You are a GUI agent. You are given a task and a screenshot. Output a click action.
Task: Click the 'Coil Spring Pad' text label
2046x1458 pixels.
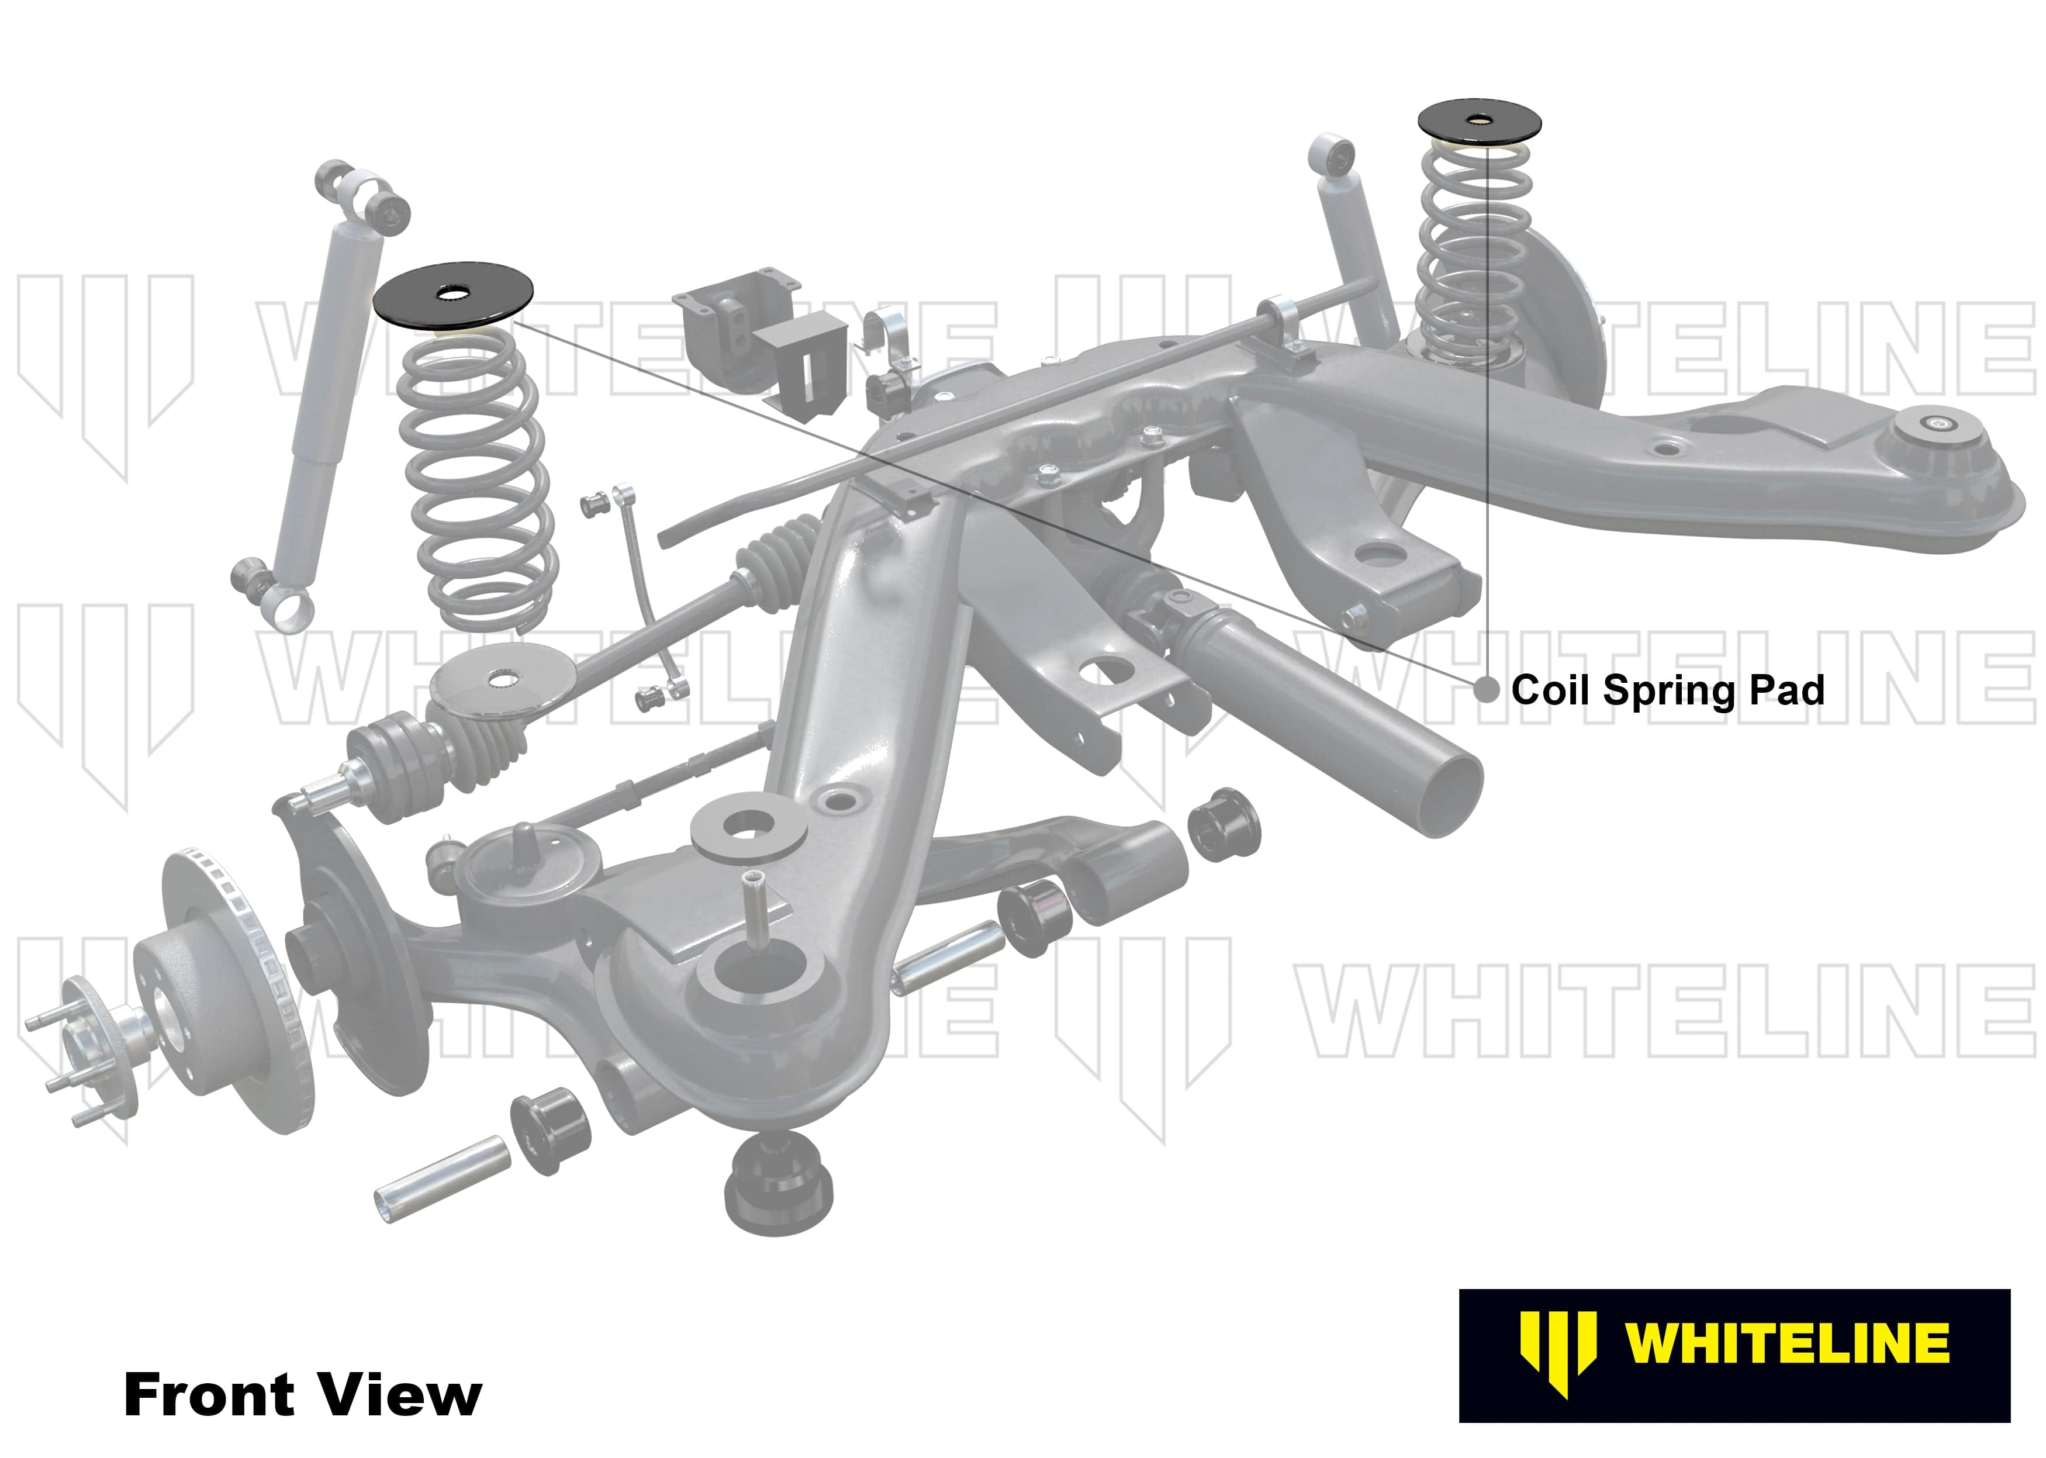(1667, 690)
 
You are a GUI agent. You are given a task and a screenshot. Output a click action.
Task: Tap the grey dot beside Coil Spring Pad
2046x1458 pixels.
(1487, 690)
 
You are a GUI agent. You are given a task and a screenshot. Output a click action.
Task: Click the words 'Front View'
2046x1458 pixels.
(303, 1394)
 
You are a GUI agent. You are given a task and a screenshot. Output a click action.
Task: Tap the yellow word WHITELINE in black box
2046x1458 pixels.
(1786, 1344)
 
